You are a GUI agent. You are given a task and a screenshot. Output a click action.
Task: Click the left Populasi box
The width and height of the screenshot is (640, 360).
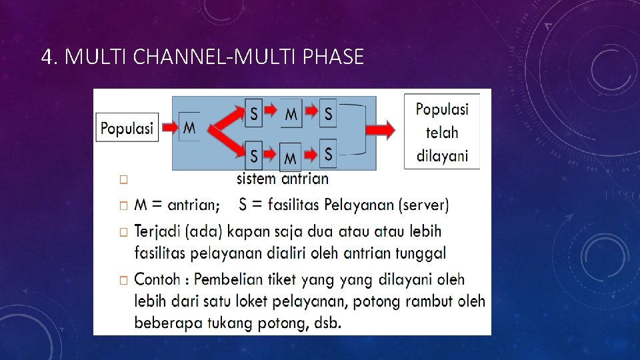(x=127, y=127)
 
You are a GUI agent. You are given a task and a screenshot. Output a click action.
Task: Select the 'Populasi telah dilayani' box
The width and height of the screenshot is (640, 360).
(x=442, y=131)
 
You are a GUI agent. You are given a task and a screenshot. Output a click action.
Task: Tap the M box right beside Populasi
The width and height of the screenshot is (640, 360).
(x=190, y=127)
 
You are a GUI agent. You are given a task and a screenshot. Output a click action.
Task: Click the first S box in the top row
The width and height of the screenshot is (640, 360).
(x=254, y=114)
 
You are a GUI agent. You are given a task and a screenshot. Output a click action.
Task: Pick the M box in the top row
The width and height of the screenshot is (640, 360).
(x=291, y=114)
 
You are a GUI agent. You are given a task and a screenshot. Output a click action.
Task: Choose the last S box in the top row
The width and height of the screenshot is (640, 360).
(x=328, y=114)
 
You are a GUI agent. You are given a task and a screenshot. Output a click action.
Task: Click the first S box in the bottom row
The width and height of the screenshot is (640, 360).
(x=254, y=155)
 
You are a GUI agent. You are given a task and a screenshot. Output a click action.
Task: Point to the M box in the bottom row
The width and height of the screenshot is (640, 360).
(x=291, y=157)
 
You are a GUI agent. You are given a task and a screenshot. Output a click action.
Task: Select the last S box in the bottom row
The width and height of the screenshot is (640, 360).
(x=328, y=154)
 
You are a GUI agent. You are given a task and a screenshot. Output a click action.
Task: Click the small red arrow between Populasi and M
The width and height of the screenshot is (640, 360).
(x=170, y=127)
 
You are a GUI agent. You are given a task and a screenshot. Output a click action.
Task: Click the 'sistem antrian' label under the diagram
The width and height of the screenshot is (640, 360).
(x=283, y=179)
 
